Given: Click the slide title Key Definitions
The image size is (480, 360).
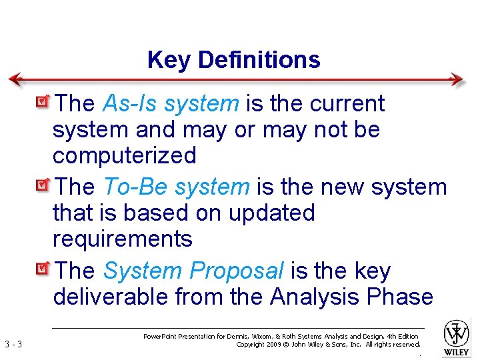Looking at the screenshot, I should click(x=234, y=60).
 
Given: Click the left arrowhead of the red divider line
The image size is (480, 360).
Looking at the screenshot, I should click(x=14, y=79).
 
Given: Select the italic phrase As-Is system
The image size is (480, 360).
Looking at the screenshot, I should click(x=171, y=104).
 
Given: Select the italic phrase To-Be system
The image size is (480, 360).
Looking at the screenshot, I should click(x=176, y=187).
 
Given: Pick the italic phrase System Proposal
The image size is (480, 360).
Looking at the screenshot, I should click(x=193, y=271).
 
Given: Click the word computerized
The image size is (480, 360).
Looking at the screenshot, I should click(x=125, y=156).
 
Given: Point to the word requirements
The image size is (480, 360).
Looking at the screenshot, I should click(x=122, y=239).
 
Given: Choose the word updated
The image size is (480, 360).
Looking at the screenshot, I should click(x=271, y=213).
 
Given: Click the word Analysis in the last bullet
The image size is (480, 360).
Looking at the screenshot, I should click(x=317, y=297).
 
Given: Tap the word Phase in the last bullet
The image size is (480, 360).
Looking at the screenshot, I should click(x=402, y=297).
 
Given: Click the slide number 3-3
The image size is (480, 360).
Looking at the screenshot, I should click(x=13, y=345).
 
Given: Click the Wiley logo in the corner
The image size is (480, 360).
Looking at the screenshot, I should click(x=457, y=337).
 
